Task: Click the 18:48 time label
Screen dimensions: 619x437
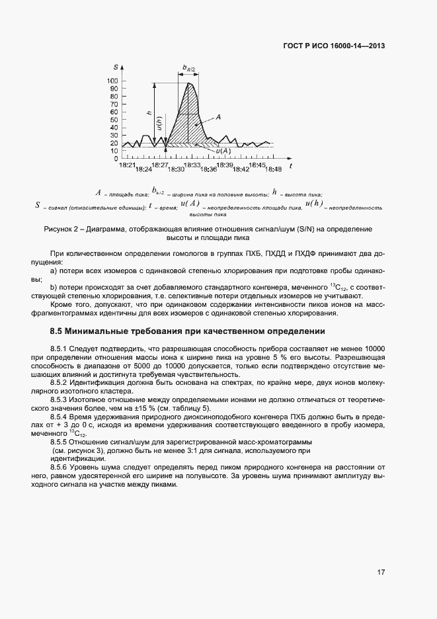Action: [x=272, y=169]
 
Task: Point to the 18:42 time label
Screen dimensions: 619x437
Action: [x=241, y=169]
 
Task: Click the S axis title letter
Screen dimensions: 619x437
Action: [x=116, y=67]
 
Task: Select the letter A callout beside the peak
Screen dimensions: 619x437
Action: [x=218, y=116]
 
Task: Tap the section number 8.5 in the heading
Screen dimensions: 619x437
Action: [x=57, y=330]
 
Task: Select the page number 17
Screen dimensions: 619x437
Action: [x=381, y=571]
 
